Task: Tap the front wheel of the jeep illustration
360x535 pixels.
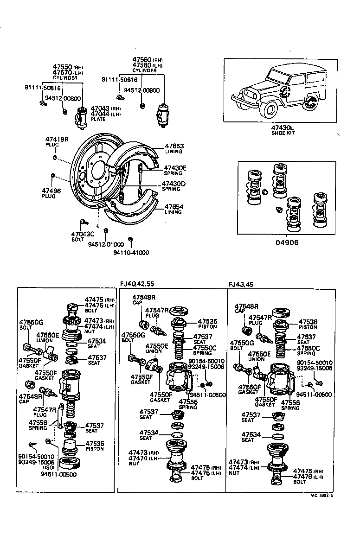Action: coord(270,109)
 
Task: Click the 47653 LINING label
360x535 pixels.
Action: coord(174,148)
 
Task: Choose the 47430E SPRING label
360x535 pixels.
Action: coord(174,170)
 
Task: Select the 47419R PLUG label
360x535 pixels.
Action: coord(57,141)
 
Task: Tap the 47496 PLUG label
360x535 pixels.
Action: coord(48,193)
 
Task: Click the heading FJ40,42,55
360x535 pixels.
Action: coord(138,284)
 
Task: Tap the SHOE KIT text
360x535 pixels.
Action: coord(283,133)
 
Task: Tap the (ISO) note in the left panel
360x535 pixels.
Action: coord(49,467)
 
